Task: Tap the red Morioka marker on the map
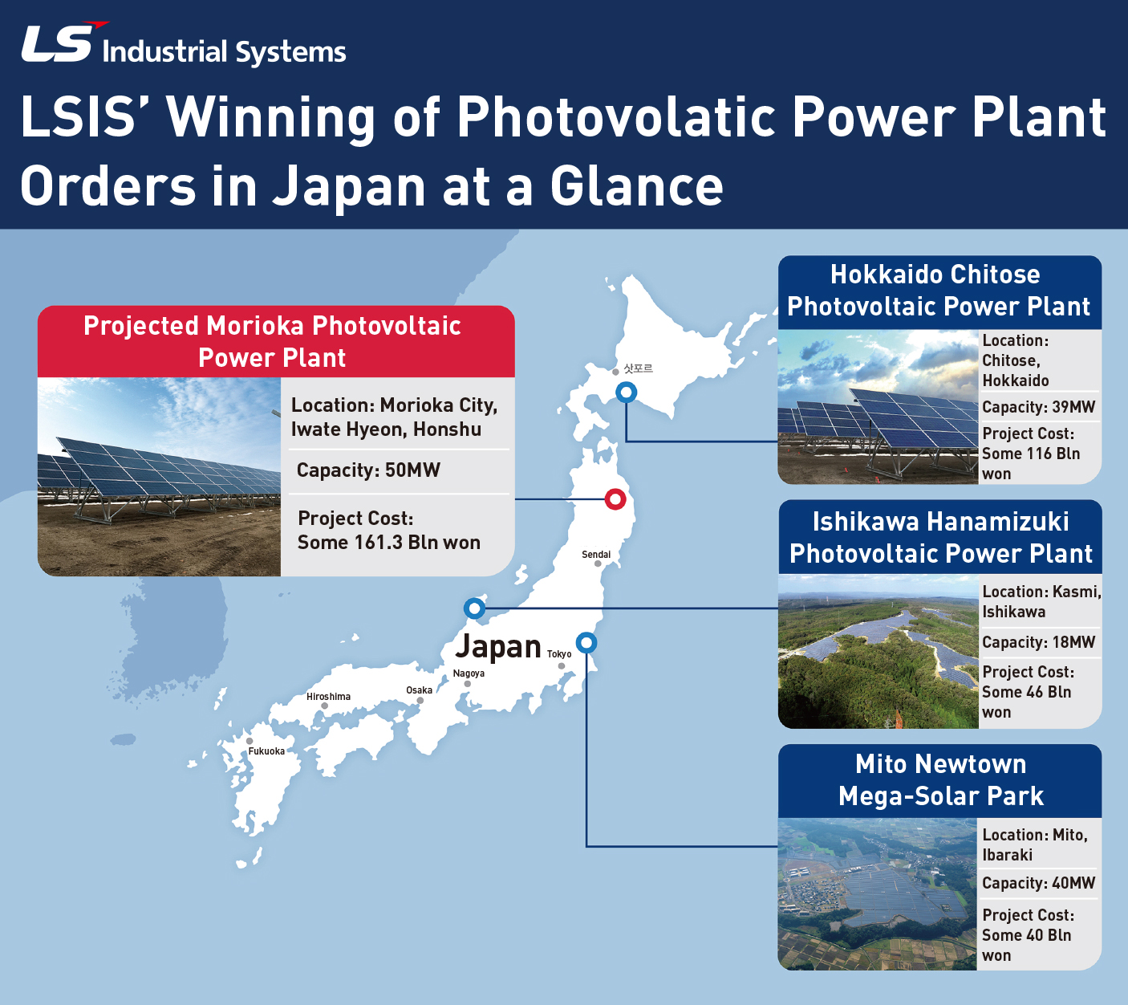615,498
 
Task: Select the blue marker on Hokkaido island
627,393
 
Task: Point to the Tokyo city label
559,653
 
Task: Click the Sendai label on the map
596,555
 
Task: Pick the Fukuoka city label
266,751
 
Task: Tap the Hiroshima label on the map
328,697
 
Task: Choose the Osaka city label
419,690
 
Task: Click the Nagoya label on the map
469,673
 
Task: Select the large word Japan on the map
497,646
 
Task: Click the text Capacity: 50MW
368,470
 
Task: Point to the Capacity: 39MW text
1038,407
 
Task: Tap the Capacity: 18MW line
1038,642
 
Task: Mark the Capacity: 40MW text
1038,883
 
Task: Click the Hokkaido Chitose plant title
939,291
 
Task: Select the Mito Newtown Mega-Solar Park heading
940,780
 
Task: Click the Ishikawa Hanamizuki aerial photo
878,651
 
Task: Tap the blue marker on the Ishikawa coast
474,608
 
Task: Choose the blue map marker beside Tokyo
586,643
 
